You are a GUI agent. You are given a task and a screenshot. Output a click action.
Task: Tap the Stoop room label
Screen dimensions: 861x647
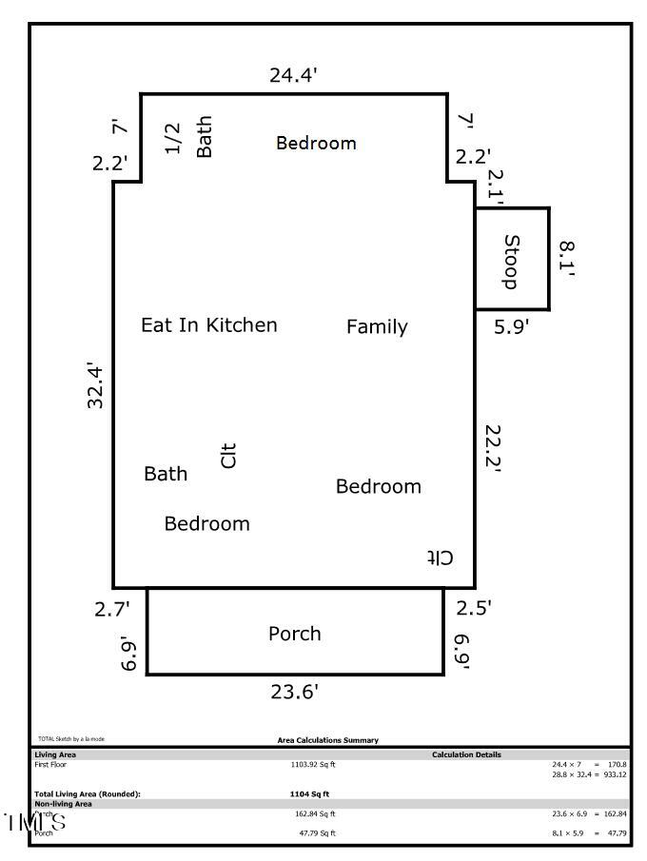tap(511, 262)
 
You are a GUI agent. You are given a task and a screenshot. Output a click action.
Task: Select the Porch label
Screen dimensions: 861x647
tap(295, 634)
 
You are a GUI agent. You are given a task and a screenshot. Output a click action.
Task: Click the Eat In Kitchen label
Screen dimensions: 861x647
tap(209, 325)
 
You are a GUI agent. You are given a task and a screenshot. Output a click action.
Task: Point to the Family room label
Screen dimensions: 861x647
tap(377, 327)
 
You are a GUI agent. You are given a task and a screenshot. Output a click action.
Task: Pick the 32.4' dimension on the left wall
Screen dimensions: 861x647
tap(96, 385)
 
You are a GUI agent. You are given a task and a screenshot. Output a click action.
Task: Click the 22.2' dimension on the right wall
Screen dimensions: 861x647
tap(491, 448)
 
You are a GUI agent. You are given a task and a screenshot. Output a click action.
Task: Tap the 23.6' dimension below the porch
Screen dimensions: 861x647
tap(294, 693)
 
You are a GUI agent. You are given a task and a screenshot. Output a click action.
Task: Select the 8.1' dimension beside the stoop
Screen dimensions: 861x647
tap(567, 259)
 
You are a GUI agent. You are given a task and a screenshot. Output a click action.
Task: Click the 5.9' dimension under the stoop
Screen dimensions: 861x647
tap(512, 327)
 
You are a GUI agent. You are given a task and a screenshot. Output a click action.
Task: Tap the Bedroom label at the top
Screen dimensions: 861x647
tap(316, 143)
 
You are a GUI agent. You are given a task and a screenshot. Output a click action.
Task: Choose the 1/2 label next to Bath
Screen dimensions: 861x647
tap(172, 138)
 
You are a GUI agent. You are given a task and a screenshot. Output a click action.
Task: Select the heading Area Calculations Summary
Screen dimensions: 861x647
tap(327, 740)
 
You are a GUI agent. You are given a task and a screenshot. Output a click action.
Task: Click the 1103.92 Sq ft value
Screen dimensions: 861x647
tap(313, 764)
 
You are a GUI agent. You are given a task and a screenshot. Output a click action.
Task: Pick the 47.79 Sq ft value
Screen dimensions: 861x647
tap(318, 833)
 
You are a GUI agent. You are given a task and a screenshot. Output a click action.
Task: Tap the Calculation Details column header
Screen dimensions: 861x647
tap(466, 755)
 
